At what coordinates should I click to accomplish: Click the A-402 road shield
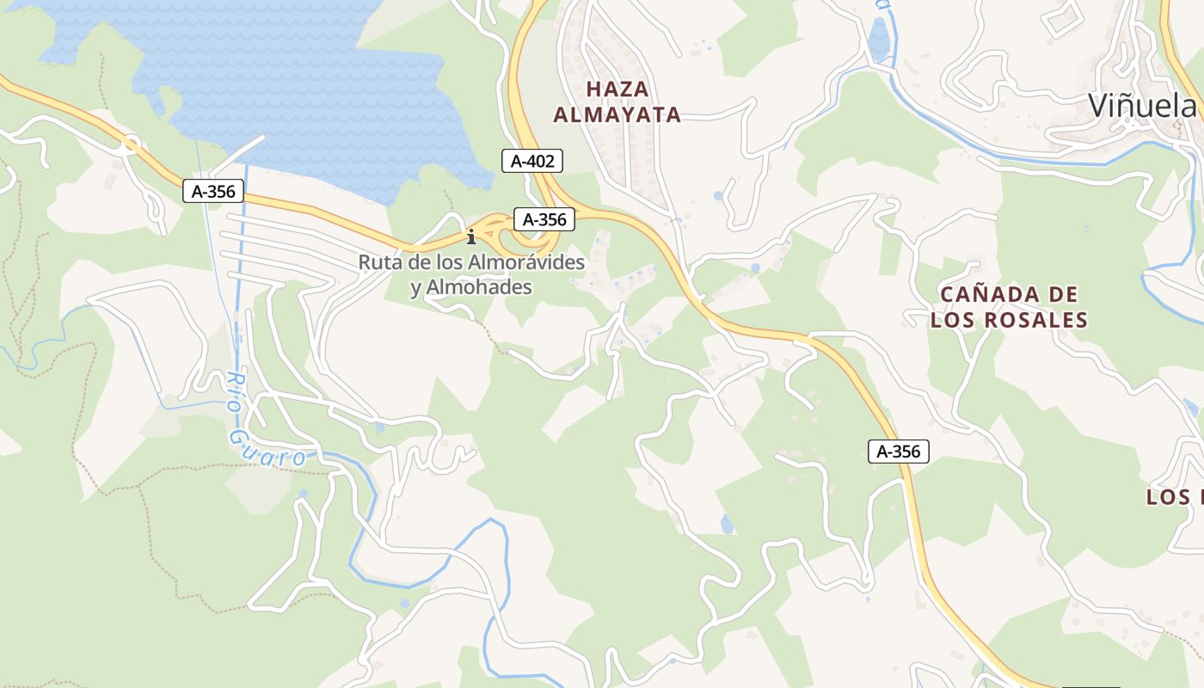(x=532, y=160)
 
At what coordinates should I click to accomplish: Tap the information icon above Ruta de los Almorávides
(x=470, y=236)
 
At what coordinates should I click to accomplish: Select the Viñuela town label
(x=1142, y=105)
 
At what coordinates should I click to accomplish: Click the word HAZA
(x=617, y=89)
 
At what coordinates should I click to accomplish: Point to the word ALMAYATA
(x=617, y=114)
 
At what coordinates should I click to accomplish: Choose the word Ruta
(x=378, y=261)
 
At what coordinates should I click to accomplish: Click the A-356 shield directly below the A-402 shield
(x=544, y=219)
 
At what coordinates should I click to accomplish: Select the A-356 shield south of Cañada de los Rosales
(x=899, y=451)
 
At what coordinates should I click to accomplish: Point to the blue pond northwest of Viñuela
(x=879, y=40)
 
